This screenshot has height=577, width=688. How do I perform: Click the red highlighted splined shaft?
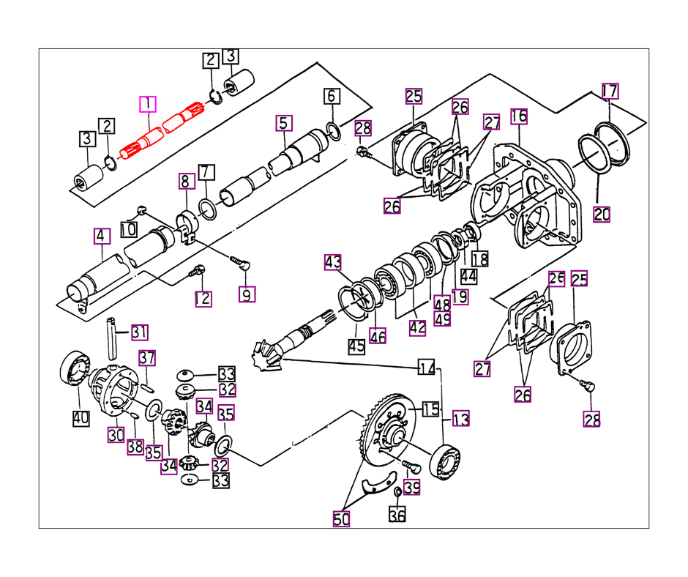[x=162, y=131]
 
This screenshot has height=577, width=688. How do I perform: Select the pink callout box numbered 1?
[x=148, y=104]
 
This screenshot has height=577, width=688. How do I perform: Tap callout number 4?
[x=101, y=236]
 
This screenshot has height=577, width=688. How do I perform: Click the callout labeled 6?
[x=332, y=96]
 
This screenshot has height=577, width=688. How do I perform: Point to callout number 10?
[x=129, y=229]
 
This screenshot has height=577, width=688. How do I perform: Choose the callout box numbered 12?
[x=203, y=299]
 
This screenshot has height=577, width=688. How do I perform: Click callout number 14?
[x=427, y=367]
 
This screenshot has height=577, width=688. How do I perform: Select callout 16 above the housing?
[x=519, y=116]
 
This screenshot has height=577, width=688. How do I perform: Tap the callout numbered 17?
[x=610, y=91]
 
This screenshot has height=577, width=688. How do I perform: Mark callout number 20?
[x=602, y=215]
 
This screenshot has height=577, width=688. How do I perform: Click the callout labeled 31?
[x=140, y=332]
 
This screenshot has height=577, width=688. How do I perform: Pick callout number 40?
[x=81, y=418]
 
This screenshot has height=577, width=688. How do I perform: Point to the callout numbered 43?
[x=333, y=262]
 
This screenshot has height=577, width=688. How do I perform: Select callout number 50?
[x=341, y=519]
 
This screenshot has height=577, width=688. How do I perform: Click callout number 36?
[x=397, y=514]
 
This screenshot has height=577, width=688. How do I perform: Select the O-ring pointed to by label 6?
[x=334, y=132]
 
